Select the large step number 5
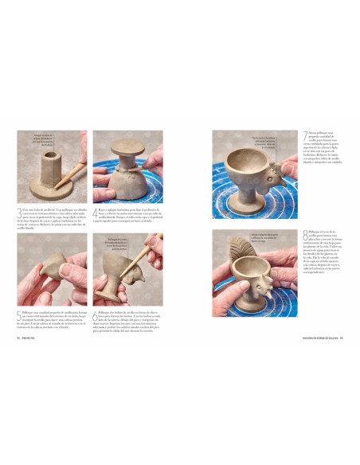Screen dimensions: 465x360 coord(20,315)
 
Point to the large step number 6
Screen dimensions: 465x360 coord(96,315)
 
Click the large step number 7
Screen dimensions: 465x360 coord(306,137)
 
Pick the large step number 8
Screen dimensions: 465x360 coord(306,235)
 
